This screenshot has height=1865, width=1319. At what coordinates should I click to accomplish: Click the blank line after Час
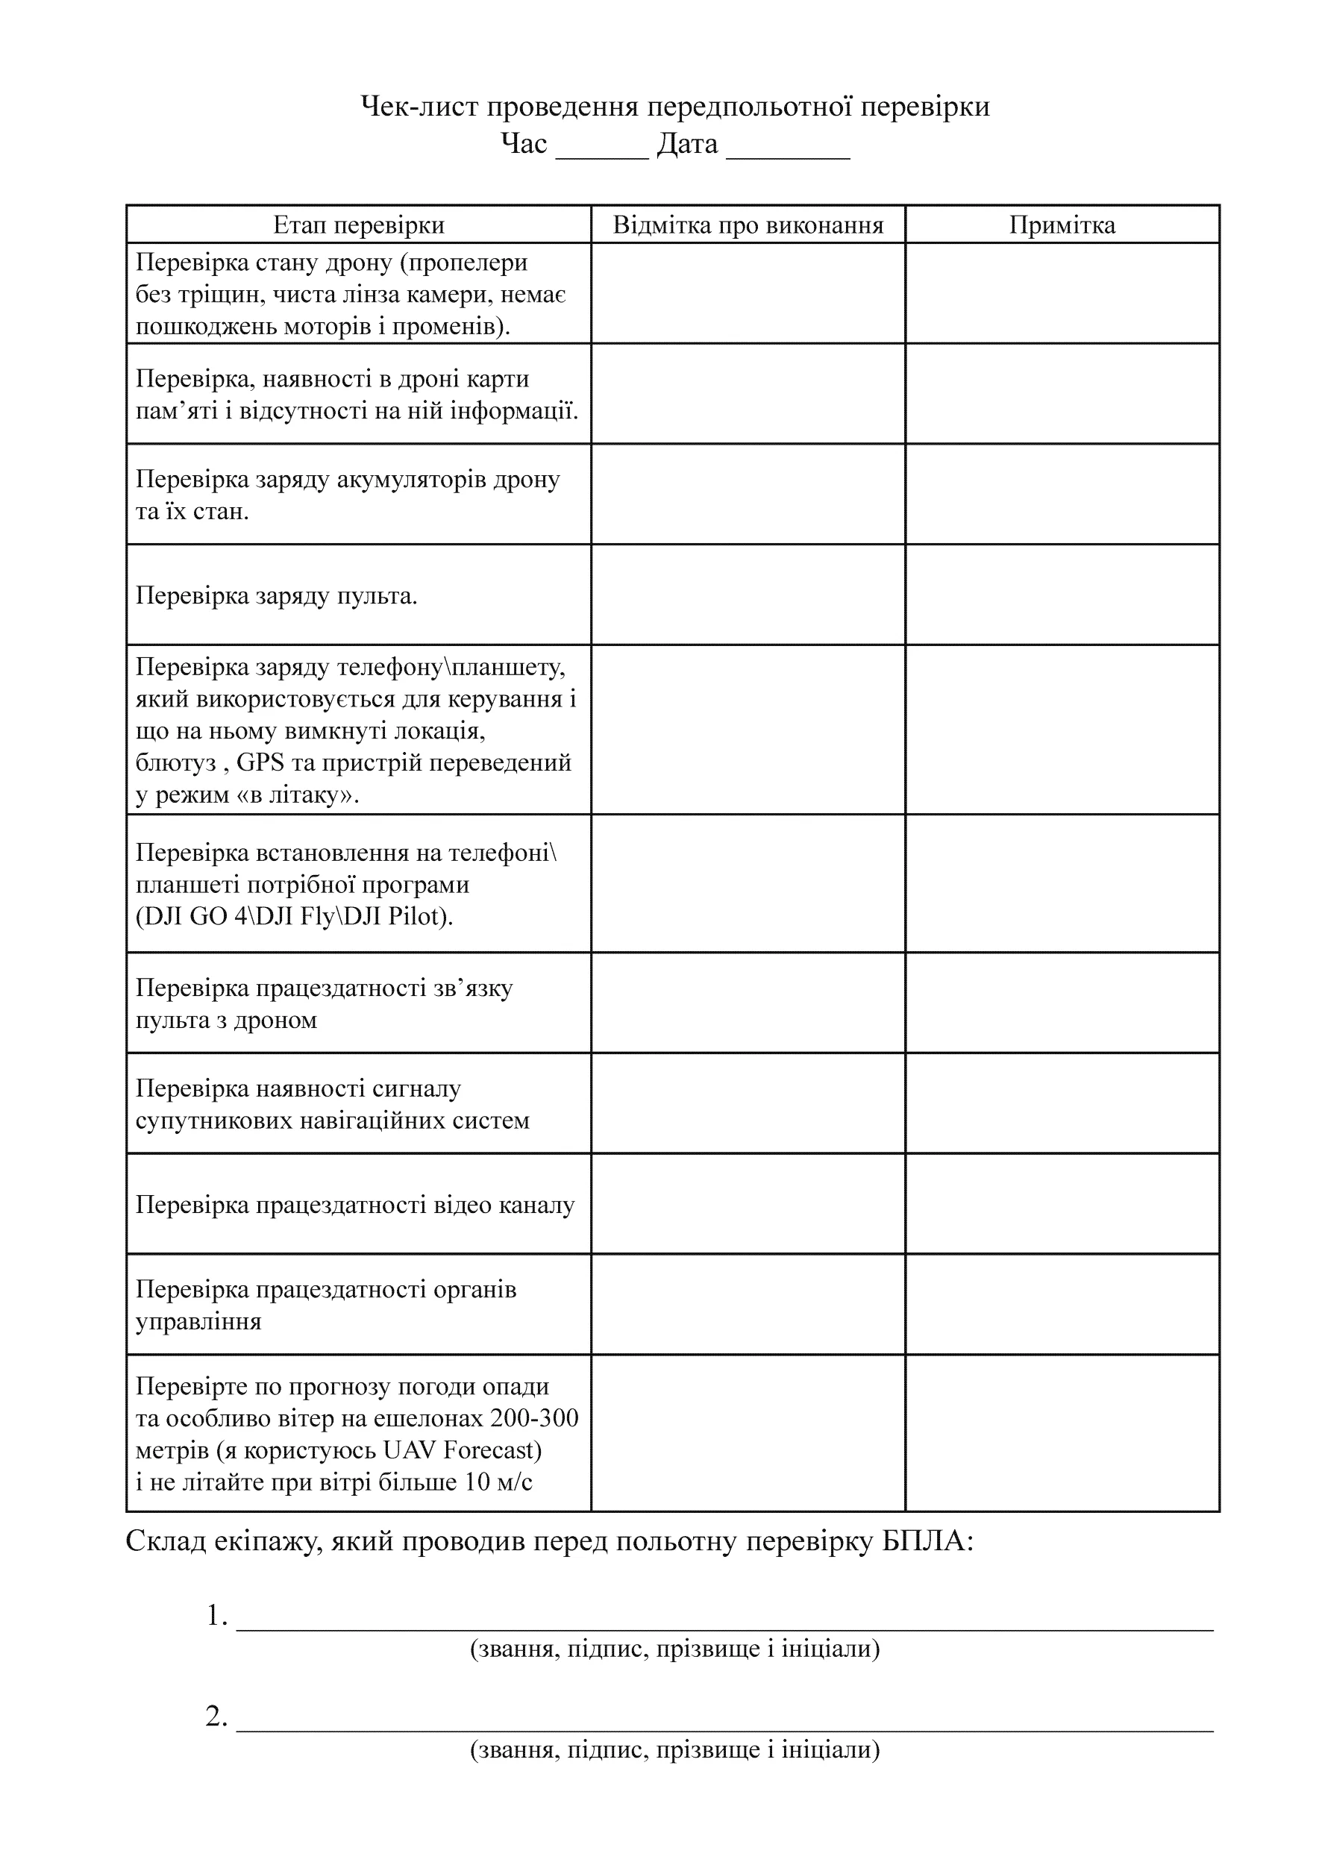602,154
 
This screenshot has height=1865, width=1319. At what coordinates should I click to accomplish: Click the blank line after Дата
787,154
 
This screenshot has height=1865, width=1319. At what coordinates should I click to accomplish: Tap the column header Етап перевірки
358,225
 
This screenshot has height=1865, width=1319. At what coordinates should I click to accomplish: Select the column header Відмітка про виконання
748,225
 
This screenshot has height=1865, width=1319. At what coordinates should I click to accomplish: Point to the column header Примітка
1062,225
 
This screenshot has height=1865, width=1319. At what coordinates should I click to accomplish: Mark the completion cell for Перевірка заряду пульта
748,595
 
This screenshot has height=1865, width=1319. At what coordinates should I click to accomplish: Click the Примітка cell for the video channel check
1062,1204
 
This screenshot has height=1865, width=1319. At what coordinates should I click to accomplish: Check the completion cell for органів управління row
748,1305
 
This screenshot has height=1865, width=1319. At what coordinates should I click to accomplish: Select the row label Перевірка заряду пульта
276,595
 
